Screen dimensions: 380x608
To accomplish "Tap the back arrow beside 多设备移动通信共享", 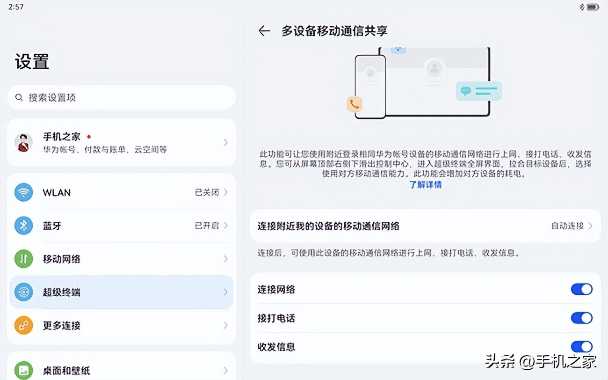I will [264, 31].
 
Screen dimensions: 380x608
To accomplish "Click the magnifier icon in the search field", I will [19, 97].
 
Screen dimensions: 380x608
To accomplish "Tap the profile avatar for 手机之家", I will [23, 142].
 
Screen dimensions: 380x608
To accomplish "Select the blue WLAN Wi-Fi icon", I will [23, 192].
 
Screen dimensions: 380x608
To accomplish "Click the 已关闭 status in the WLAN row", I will [207, 192].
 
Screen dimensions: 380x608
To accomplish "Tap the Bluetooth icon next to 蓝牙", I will [23, 226].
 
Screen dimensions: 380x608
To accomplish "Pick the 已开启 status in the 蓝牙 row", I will [207, 226].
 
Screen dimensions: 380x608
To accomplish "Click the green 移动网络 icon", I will [23, 259].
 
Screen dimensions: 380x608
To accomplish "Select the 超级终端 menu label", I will [62, 292].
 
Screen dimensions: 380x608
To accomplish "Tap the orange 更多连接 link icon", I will [23, 325].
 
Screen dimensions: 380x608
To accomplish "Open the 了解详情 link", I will [425, 184].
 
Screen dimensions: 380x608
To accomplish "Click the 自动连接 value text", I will [567, 226].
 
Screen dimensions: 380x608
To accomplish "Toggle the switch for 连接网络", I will [581, 289].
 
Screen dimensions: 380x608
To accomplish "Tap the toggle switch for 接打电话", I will [581, 318].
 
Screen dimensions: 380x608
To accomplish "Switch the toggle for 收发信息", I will [581, 347].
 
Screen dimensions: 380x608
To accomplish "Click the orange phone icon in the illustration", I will [355, 104].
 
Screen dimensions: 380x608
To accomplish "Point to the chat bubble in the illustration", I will [465, 91].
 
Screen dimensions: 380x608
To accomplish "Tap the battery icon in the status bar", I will [593, 7].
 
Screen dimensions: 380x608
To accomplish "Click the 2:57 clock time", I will [16, 7].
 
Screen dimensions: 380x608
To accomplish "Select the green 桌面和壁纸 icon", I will [23, 370].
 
